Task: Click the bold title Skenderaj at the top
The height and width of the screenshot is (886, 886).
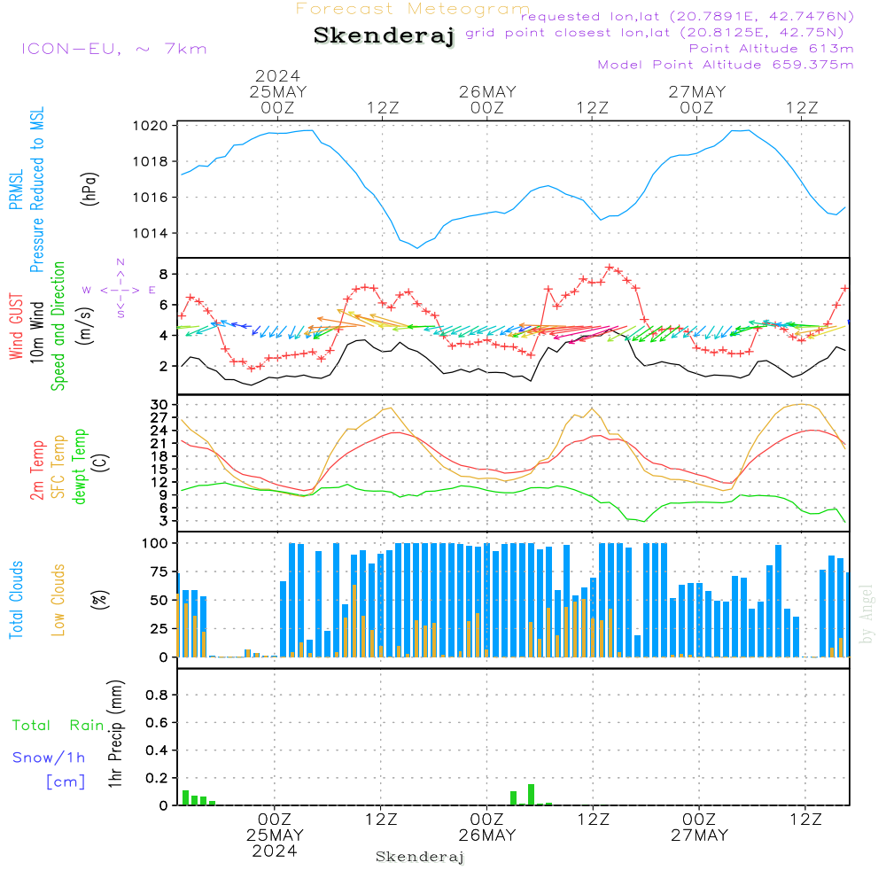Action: [384, 35]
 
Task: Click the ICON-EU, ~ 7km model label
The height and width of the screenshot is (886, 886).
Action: [113, 49]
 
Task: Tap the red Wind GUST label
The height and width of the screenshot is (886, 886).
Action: [16, 327]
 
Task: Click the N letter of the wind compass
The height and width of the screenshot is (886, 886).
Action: [120, 262]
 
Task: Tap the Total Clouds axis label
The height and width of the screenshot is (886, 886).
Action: [16, 600]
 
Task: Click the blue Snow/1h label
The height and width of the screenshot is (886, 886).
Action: [50, 758]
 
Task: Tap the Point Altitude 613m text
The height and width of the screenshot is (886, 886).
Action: [771, 49]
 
